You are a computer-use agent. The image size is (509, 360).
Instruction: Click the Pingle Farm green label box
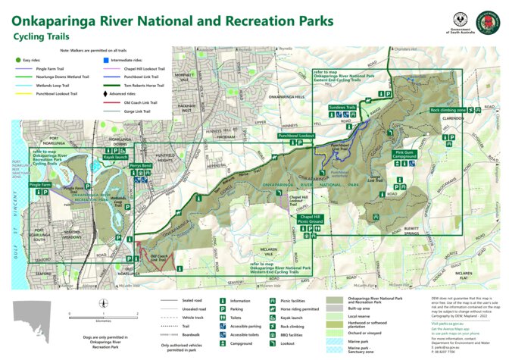(x=40, y=184)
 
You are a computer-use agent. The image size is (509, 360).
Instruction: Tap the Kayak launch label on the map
(x=116, y=156)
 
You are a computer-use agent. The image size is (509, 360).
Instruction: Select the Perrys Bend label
(x=141, y=165)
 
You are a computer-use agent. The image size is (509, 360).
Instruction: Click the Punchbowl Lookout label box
(x=296, y=136)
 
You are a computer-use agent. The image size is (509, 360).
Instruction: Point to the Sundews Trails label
(x=342, y=108)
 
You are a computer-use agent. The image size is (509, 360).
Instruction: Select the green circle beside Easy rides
(x=17, y=59)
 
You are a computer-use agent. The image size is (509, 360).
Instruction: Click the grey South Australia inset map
(x=33, y=314)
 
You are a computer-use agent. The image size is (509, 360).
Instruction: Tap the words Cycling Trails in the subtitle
(x=41, y=36)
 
